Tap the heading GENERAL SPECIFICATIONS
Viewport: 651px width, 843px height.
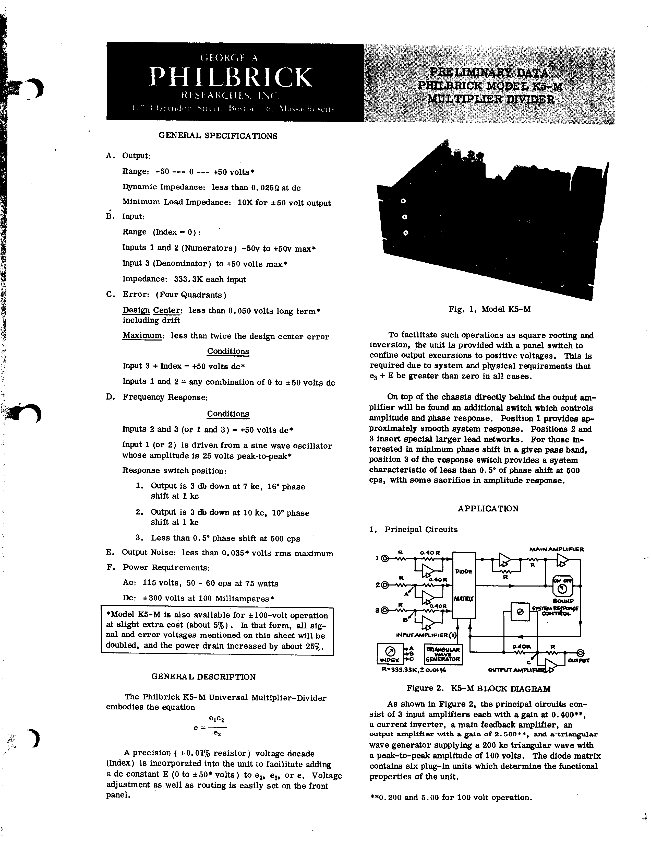tap(218, 136)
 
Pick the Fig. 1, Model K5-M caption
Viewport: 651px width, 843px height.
tap(489, 310)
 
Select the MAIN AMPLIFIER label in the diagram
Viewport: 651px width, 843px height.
tap(557, 549)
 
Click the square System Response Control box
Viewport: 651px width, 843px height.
tap(520, 611)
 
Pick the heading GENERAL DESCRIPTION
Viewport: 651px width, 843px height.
tap(203, 677)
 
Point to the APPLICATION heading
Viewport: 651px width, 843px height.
tap(488, 509)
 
